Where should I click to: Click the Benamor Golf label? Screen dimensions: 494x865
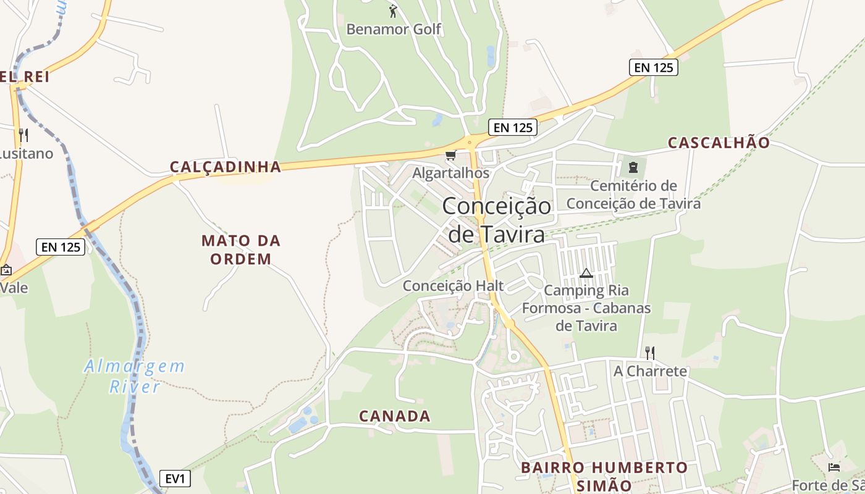(394, 29)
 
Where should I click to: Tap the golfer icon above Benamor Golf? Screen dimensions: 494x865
(393, 10)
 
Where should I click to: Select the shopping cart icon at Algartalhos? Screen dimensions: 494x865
(450, 155)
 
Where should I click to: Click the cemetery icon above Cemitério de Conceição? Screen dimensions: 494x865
(633, 167)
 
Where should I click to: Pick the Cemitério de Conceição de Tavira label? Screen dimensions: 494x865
(633, 195)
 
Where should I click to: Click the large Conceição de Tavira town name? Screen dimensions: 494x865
(496, 220)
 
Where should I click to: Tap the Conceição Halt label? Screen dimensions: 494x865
(453, 286)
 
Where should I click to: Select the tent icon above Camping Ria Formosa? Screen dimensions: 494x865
(586, 273)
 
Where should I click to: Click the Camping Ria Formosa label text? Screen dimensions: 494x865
(586, 308)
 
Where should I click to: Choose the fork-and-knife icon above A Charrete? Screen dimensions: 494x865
(649, 353)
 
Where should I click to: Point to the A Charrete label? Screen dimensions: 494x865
(650, 371)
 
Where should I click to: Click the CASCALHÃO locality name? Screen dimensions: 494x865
(719, 143)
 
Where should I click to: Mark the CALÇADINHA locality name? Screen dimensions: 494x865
(226, 167)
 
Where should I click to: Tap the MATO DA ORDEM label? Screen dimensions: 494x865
(241, 249)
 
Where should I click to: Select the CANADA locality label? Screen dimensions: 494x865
(395, 416)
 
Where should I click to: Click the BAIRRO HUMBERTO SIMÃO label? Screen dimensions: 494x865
(604, 476)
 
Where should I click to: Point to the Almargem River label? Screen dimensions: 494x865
(135, 376)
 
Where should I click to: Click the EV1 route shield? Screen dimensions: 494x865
(175, 478)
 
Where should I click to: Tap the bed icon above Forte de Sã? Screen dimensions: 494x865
(834, 467)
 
